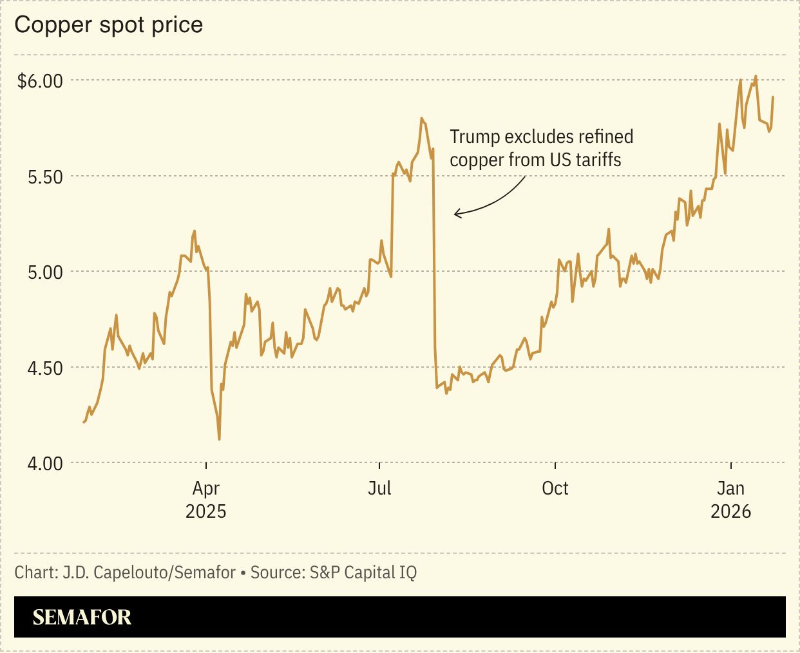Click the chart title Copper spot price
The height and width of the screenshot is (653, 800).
pyautogui.click(x=109, y=25)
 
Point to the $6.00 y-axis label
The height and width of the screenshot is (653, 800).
pyautogui.click(x=40, y=81)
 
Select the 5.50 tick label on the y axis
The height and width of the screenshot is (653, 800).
pyautogui.click(x=45, y=177)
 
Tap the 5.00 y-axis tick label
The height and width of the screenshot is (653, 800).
pyautogui.click(x=45, y=272)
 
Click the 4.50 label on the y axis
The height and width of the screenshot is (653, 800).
pyautogui.click(x=45, y=368)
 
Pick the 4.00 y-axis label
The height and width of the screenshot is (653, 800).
pyautogui.click(x=45, y=464)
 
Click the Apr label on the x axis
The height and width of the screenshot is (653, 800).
pyautogui.click(x=206, y=489)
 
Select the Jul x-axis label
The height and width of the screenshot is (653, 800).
pyautogui.click(x=379, y=488)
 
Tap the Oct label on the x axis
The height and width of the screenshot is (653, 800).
pyautogui.click(x=555, y=488)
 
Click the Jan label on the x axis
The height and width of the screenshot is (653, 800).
pyautogui.click(x=730, y=488)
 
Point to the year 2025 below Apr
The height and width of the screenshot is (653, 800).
pyautogui.click(x=206, y=511)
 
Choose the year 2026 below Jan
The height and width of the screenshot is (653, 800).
pyautogui.click(x=730, y=511)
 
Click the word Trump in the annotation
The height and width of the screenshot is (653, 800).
pyautogui.click(x=475, y=137)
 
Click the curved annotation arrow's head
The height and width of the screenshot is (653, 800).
pyautogui.click(x=456, y=213)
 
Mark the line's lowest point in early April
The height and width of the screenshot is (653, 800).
pyautogui.click(x=220, y=439)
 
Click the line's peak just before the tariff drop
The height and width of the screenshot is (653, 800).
pyautogui.click(x=421, y=118)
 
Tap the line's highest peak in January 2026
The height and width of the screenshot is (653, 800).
pyautogui.click(x=756, y=77)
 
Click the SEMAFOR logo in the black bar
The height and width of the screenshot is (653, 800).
pyautogui.click(x=82, y=618)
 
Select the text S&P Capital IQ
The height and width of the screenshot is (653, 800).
pyautogui.click(x=363, y=573)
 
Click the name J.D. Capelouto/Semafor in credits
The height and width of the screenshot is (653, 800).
pyautogui.click(x=149, y=573)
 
